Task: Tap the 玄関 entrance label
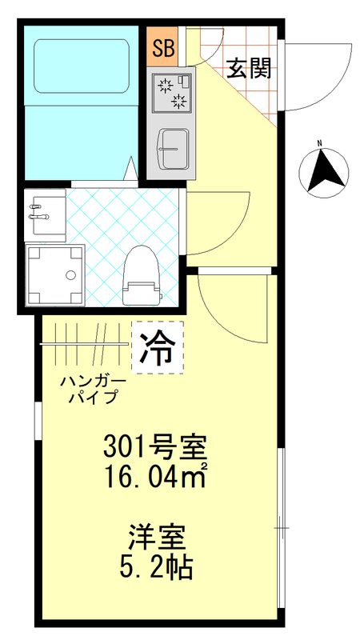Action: point(248,68)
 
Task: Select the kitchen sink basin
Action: point(171,147)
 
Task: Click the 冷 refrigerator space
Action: point(158,346)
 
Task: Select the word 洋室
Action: point(158,534)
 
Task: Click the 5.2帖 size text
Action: point(158,567)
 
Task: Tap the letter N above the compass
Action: point(318,144)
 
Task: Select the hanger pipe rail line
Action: point(84,343)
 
